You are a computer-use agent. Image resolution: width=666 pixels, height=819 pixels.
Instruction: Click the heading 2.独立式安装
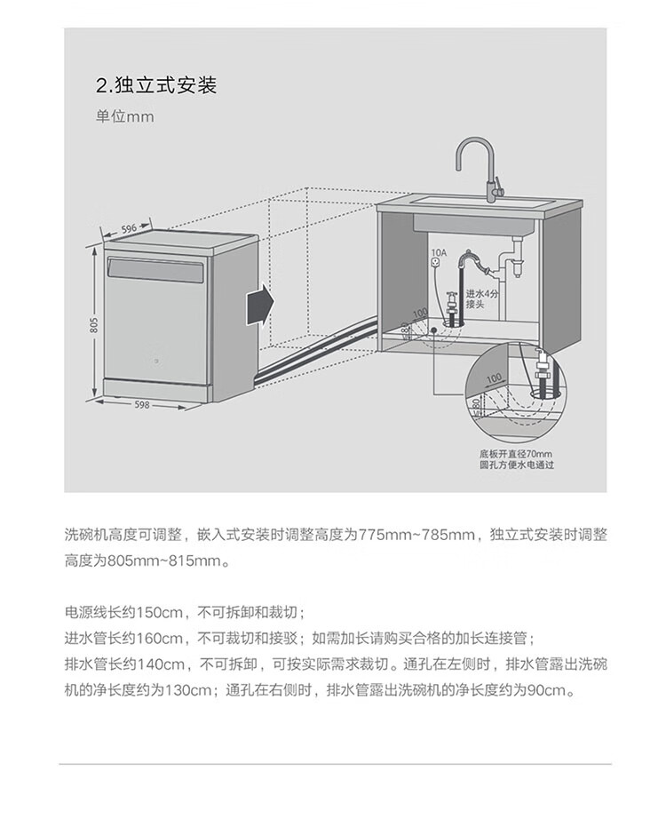click(x=155, y=86)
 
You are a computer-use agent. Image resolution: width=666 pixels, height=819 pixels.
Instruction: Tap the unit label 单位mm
click(x=125, y=117)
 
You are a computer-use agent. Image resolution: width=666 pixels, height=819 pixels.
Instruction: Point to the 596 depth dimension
click(x=129, y=228)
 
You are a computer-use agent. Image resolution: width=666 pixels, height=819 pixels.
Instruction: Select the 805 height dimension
click(x=93, y=326)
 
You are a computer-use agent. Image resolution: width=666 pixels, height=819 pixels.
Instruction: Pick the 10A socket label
click(x=435, y=253)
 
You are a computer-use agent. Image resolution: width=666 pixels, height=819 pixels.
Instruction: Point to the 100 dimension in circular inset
click(x=495, y=378)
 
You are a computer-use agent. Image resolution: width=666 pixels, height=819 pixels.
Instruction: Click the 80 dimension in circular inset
click(x=478, y=406)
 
